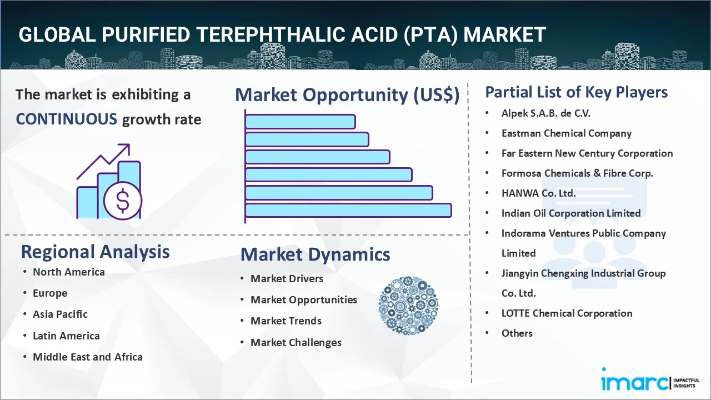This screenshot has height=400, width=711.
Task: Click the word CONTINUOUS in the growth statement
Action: (x=66, y=119)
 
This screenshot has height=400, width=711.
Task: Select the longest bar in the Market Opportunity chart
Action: (x=348, y=210)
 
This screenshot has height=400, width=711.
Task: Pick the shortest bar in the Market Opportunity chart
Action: (x=300, y=121)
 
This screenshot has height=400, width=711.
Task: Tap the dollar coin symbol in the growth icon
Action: (x=123, y=201)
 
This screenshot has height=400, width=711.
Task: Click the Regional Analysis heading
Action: (x=95, y=252)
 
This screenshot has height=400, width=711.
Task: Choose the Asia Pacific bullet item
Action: (x=60, y=314)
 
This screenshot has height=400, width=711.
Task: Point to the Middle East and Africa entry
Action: (x=87, y=357)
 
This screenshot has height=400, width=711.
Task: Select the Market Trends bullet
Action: (x=286, y=321)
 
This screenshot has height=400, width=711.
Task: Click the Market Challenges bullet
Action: (x=296, y=342)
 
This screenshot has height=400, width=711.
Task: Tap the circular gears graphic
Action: (x=408, y=306)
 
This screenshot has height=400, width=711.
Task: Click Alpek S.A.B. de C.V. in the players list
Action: (x=545, y=113)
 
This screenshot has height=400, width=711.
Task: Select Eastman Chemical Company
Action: (x=566, y=133)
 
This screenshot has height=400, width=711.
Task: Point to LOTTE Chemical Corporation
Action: (x=567, y=313)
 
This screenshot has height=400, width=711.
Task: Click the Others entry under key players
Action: (x=517, y=333)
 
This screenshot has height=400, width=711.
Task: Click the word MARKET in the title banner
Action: (x=504, y=35)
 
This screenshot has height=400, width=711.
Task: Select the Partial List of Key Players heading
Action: (x=576, y=92)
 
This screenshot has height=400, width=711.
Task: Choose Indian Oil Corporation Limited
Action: (x=570, y=213)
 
